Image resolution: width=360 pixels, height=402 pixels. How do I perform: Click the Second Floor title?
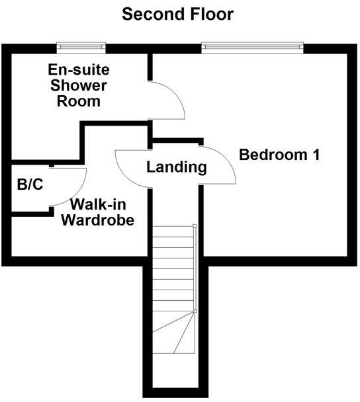(178, 14)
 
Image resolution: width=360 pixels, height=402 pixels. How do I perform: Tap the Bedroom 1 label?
(279, 155)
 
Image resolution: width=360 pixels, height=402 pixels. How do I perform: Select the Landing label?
(176, 167)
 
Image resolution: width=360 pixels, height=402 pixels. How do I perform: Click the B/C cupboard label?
(30, 184)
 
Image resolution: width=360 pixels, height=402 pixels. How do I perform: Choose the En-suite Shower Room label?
(77, 85)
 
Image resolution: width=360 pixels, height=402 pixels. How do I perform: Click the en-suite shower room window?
(81, 46)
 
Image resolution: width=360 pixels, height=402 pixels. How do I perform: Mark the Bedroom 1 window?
(252, 46)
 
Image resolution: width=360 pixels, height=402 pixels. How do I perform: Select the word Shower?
(77, 86)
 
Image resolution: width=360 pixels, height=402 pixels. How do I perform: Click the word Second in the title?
(150, 14)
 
